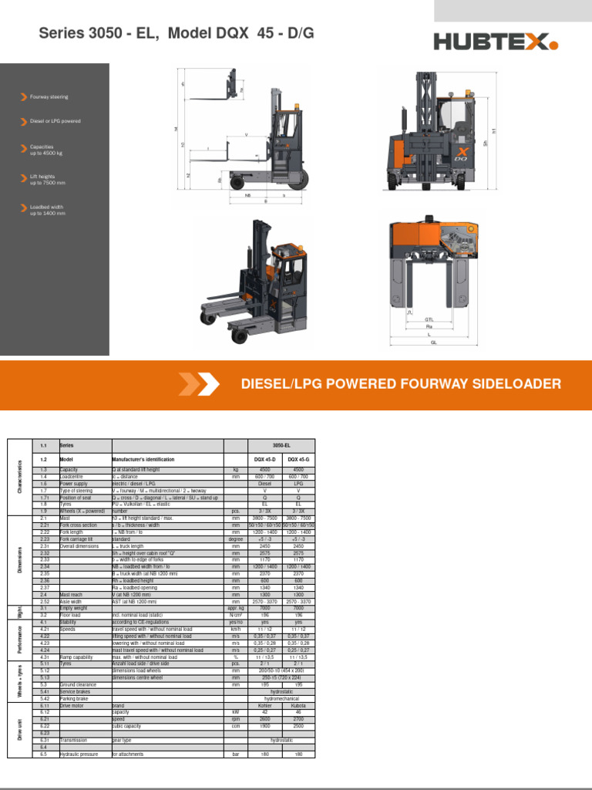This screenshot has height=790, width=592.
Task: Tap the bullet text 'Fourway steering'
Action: (x=49, y=97)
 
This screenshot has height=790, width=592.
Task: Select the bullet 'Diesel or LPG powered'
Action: (x=55, y=121)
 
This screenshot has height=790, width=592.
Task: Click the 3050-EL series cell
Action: (x=282, y=446)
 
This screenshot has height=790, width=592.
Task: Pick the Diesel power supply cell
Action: (x=265, y=484)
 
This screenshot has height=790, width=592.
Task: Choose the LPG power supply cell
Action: (x=298, y=484)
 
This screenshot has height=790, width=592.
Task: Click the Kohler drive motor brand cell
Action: (x=265, y=706)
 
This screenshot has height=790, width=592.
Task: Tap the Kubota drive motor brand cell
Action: (x=298, y=706)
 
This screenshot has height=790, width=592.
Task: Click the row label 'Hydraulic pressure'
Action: (x=79, y=753)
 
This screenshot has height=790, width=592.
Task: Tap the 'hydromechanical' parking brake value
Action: (x=282, y=698)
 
